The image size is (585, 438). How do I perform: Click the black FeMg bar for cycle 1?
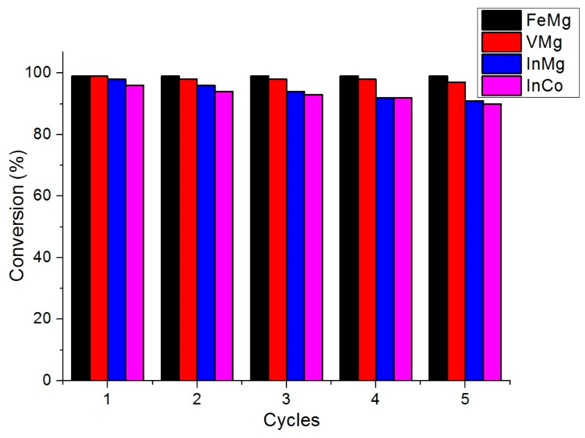click(x=81, y=228)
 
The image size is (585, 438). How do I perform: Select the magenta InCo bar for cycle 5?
click(x=492, y=242)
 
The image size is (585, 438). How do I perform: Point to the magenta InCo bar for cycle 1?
click(x=135, y=233)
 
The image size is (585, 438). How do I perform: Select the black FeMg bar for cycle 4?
click(x=349, y=228)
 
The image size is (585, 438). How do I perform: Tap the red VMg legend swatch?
click(x=501, y=42)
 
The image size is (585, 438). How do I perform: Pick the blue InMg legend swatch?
click(x=501, y=64)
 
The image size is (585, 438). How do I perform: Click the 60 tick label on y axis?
click(x=42, y=196)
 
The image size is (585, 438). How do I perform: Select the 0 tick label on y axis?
click(x=47, y=380)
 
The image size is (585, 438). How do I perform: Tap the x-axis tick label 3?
click(x=286, y=399)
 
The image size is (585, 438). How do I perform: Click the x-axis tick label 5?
click(x=465, y=399)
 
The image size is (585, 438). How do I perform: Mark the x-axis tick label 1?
click(x=107, y=399)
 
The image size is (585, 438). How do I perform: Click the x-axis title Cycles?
click(x=291, y=420)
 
